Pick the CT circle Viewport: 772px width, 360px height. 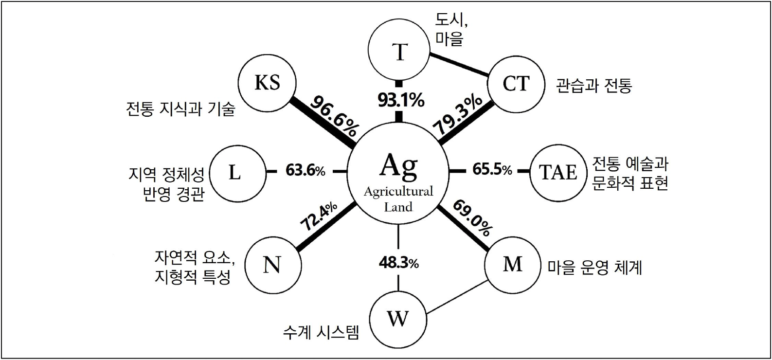[515, 84]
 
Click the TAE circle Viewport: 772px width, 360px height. [558, 173]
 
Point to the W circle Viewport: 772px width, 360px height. [398, 320]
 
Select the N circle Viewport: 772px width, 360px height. [272, 266]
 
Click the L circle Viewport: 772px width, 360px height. [234, 173]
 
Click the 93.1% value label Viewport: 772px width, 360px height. [401, 101]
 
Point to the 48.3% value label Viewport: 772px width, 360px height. [399, 263]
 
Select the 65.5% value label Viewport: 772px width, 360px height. [492, 170]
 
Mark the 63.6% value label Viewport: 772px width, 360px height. [305, 171]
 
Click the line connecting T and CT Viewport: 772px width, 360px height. [459, 64]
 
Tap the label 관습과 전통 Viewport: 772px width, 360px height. [594, 86]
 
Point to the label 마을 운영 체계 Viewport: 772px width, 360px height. [594, 268]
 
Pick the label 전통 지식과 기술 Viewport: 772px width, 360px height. [180, 108]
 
